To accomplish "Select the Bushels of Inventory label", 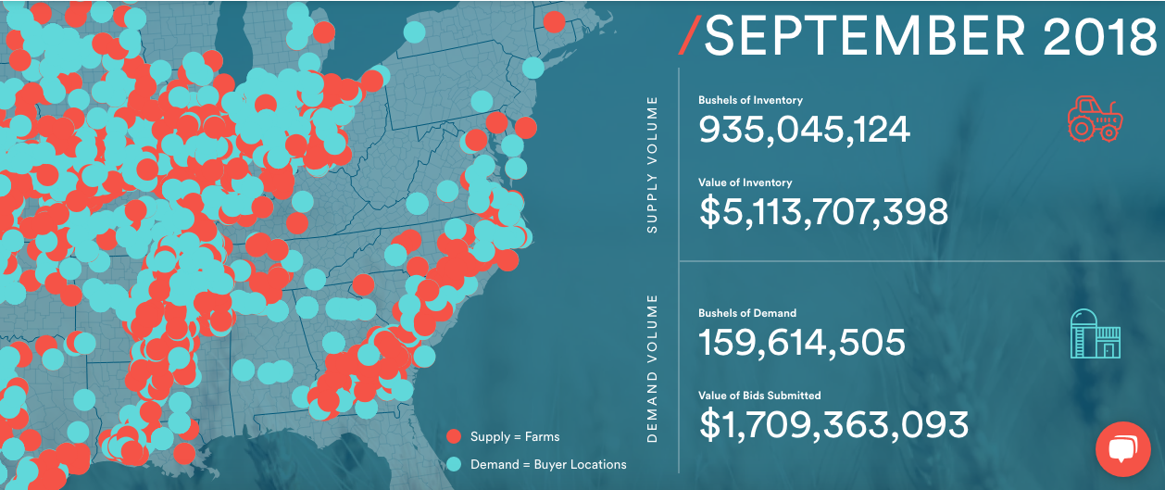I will click(x=750, y=100).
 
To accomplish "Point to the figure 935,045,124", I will click(x=804, y=130).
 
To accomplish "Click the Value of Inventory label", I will click(x=745, y=182).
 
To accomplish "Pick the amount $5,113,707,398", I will click(x=823, y=212).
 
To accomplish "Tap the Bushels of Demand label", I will click(x=746, y=313).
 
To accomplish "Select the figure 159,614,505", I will click(x=801, y=343).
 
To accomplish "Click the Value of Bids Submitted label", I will click(x=759, y=396).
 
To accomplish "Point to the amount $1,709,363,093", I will click(x=833, y=425).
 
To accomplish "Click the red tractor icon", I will click(x=1095, y=119).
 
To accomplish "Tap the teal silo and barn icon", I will click(x=1096, y=333).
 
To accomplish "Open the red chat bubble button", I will click(x=1122, y=450).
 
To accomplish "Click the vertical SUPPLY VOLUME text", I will click(x=652, y=164).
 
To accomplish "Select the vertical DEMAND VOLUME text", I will click(x=652, y=369).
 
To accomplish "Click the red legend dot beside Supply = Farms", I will click(x=454, y=436).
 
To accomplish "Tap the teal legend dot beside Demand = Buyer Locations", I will click(x=454, y=464).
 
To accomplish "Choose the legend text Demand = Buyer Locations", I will click(x=548, y=464).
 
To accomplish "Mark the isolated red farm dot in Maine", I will click(x=554, y=21).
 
